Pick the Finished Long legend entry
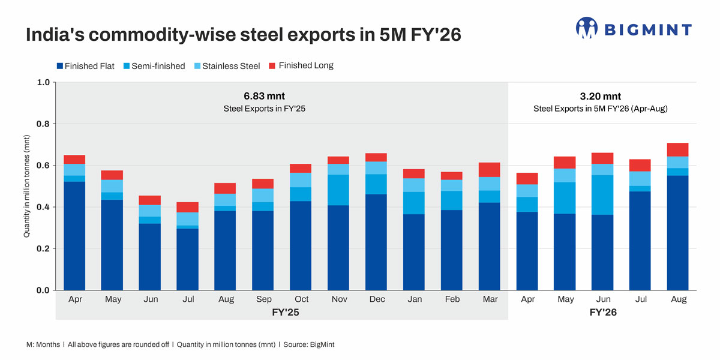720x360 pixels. (x=301, y=65)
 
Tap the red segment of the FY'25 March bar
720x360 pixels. (x=489, y=170)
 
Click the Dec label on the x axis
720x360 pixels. (x=377, y=299)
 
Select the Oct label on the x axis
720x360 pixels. (x=301, y=299)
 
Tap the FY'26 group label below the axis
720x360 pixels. (x=603, y=313)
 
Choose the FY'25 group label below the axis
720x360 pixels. (x=282, y=313)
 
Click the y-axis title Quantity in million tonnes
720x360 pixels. (x=27, y=186)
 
